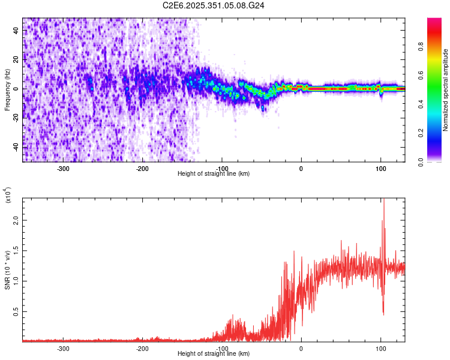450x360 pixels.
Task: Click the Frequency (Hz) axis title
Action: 7,89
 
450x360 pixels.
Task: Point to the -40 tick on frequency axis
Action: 16,147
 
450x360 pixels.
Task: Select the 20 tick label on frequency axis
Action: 16,59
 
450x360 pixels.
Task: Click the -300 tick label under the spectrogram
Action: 64,169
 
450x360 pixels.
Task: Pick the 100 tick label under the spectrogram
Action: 380,169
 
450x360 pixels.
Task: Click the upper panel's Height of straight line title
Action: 214,174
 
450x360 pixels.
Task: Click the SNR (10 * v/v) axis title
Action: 7,269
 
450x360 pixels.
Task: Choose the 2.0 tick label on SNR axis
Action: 16,220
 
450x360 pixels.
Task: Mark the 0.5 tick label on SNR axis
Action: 16,312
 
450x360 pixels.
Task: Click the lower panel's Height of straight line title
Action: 214,354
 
